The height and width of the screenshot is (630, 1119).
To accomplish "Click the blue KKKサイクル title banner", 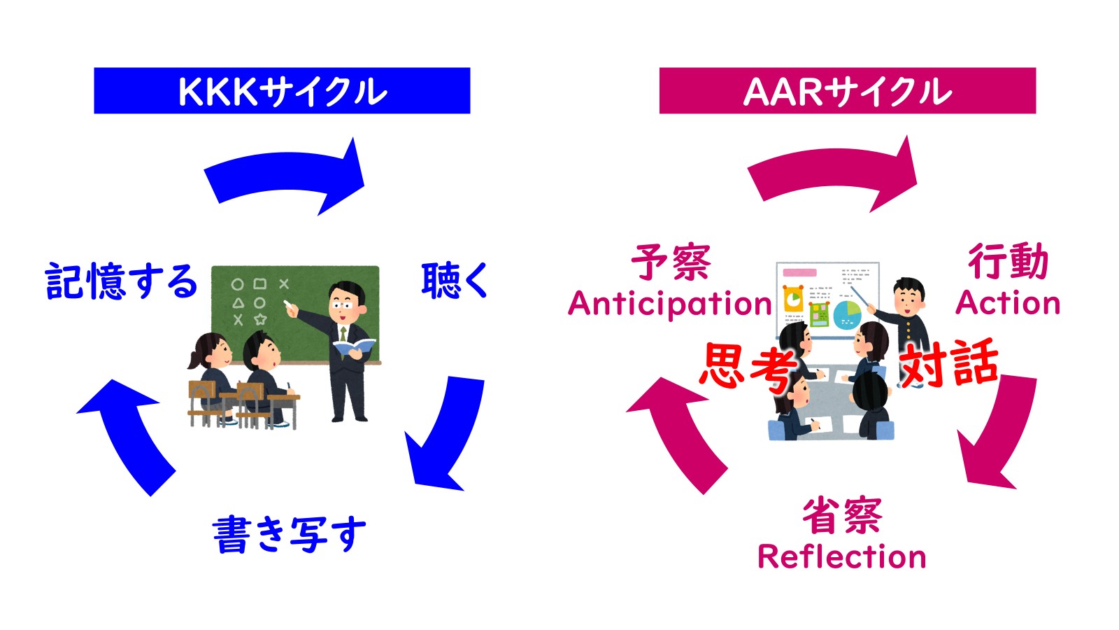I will click(x=282, y=91).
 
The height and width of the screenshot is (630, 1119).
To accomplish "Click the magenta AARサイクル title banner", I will click(x=847, y=91).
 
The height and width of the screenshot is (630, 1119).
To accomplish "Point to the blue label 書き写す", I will click(x=289, y=535).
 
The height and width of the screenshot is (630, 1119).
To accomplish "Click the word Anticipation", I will click(x=670, y=304).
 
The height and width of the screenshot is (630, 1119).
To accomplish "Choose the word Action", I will click(x=1008, y=303).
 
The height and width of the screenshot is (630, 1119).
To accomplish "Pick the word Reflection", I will click(x=841, y=557).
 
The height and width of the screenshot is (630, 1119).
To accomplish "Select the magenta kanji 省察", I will click(x=842, y=517).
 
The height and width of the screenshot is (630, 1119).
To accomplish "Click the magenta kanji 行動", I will click(x=1008, y=262).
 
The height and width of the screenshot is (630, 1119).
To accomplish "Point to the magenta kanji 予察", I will click(x=671, y=262).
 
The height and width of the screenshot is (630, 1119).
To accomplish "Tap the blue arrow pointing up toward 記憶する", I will click(x=129, y=434).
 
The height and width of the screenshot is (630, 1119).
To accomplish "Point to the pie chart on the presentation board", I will click(x=847, y=314).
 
